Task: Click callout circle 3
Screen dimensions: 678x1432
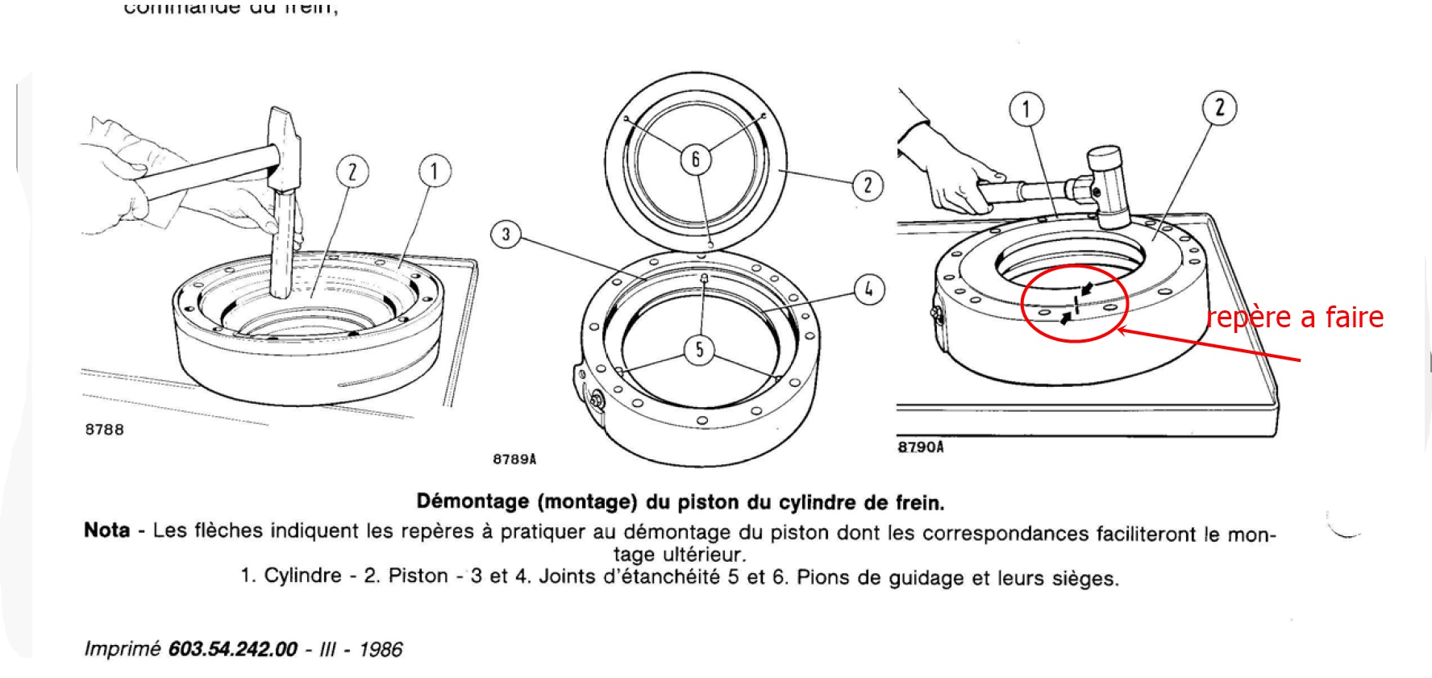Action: click(506, 235)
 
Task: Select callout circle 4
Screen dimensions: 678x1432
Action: click(868, 289)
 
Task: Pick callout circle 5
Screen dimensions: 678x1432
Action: click(699, 349)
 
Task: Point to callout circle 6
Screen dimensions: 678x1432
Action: click(695, 159)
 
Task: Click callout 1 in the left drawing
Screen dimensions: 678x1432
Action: click(434, 171)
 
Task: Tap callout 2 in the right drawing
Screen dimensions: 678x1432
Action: click(1219, 107)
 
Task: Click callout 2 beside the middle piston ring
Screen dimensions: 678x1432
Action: click(868, 185)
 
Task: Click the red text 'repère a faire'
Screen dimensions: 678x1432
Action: click(1295, 317)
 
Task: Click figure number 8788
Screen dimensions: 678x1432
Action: click(105, 430)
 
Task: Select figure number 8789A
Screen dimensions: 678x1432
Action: click(514, 460)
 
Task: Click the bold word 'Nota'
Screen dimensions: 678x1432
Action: click(106, 530)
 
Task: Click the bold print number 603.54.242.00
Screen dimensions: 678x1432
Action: click(232, 649)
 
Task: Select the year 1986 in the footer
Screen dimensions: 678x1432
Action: click(381, 649)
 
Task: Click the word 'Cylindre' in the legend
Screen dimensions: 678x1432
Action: click(303, 576)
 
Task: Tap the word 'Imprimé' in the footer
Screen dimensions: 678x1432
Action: click(123, 649)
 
